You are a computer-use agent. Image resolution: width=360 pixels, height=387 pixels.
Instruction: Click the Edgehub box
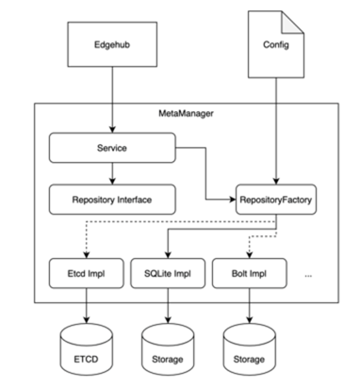pyautogui.click(x=112, y=44)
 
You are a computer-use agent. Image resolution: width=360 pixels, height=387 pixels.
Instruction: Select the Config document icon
pyautogui.click(x=276, y=44)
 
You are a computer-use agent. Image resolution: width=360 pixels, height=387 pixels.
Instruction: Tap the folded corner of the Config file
pyautogui.click(x=293, y=22)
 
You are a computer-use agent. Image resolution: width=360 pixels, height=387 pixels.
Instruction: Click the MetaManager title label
pyautogui.click(x=186, y=113)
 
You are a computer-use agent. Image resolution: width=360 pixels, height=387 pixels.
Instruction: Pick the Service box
pyautogui.click(x=112, y=148)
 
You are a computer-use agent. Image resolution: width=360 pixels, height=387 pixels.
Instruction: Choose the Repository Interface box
pyautogui.click(x=112, y=200)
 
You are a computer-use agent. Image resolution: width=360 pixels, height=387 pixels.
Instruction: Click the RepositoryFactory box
pyautogui.click(x=276, y=200)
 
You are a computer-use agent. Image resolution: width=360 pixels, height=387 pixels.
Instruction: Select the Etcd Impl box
pyautogui.click(x=86, y=273)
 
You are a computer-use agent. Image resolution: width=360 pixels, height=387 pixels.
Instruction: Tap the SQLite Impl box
pyautogui.click(x=168, y=273)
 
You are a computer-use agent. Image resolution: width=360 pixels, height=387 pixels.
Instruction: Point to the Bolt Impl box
pyautogui.click(x=250, y=273)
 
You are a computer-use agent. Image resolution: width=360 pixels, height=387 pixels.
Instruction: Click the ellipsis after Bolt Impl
pyautogui.click(x=308, y=276)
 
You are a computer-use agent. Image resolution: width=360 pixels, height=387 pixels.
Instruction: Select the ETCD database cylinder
pyautogui.click(x=86, y=349)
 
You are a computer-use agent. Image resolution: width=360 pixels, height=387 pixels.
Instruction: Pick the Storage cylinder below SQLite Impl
pyautogui.click(x=168, y=349)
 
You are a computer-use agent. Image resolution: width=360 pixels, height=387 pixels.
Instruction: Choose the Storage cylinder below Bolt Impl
pyautogui.click(x=250, y=349)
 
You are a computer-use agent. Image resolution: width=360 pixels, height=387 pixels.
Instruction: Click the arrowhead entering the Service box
pyautogui.click(x=112, y=129)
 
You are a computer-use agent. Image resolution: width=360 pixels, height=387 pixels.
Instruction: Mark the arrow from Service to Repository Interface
pyautogui.click(x=112, y=173)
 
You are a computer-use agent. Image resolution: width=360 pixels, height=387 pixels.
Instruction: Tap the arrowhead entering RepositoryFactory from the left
pyautogui.click(x=233, y=200)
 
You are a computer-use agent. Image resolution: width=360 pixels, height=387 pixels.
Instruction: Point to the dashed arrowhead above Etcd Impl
pyautogui.click(x=86, y=255)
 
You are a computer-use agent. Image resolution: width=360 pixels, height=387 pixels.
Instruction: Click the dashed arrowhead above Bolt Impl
pyautogui.click(x=250, y=255)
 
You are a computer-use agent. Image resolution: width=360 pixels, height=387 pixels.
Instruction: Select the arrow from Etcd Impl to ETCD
pyautogui.click(x=86, y=306)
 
